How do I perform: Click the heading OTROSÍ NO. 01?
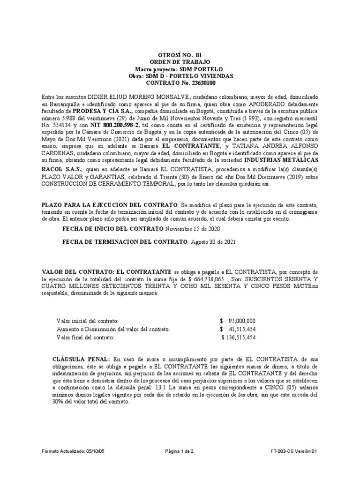[180, 55]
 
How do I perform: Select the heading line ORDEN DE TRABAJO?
[180, 62]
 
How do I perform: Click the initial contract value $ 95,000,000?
[237, 321]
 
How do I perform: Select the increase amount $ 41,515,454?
[237, 329]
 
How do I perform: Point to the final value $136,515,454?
[239, 337]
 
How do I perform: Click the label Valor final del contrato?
[85, 337]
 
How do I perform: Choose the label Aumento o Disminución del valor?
[113, 329]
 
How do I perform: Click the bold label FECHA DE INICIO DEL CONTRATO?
[112, 229]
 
